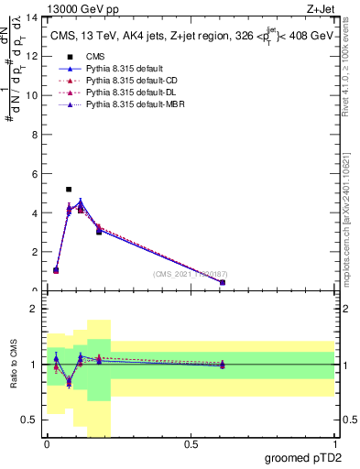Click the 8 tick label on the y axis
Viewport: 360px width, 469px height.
[x=36, y=135]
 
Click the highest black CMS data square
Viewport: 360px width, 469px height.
[x=69, y=190]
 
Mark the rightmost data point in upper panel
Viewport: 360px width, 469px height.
[x=223, y=282]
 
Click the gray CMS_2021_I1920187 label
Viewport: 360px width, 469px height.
[x=189, y=274]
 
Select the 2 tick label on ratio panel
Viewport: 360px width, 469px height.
[x=36, y=309]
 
